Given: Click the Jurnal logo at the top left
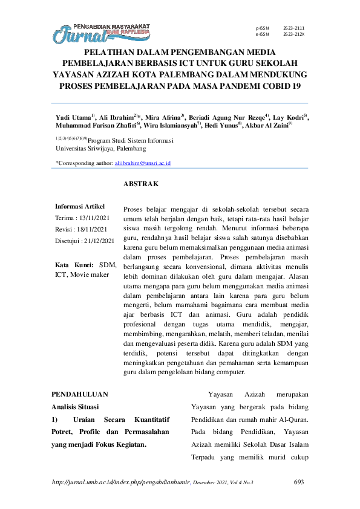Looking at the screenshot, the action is [x=100, y=33].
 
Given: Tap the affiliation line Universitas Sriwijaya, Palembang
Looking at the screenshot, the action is [x=100, y=148].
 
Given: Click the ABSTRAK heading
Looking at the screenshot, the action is [x=140, y=183].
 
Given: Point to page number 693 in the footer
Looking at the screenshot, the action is [x=298, y=482].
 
